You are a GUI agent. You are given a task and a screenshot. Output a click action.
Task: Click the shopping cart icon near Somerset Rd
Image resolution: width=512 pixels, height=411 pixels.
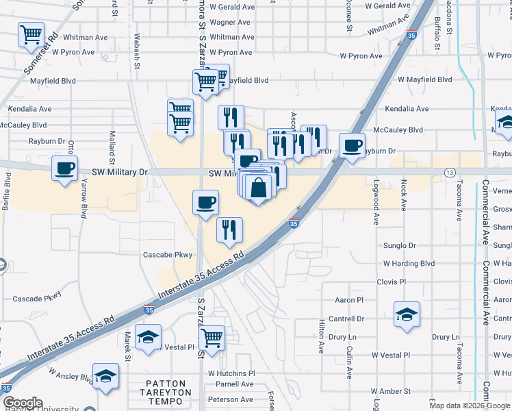pyautogui.click(x=31, y=35)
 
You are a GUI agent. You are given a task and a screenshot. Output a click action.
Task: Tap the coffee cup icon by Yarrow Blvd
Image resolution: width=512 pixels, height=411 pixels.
pyautogui.click(x=66, y=169)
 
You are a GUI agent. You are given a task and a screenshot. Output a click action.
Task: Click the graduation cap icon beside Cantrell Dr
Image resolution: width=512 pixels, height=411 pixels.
pyautogui.click(x=407, y=315)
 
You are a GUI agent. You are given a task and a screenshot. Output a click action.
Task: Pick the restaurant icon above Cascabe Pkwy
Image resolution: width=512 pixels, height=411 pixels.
pyautogui.click(x=229, y=229)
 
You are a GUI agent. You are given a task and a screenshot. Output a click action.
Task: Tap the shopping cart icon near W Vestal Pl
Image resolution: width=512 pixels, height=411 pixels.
pyautogui.click(x=212, y=338)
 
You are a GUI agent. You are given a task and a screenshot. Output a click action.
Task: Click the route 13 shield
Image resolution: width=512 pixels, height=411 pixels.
pyautogui.click(x=450, y=172)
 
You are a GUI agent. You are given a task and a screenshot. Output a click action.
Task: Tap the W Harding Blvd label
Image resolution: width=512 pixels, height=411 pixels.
pyautogui.click(x=409, y=263)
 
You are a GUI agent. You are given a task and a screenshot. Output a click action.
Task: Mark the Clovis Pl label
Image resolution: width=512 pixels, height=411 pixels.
pyautogui.click(x=391, y=282)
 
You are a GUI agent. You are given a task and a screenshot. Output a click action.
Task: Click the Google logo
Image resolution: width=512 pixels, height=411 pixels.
pyautogui.click(x=23, y=403)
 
